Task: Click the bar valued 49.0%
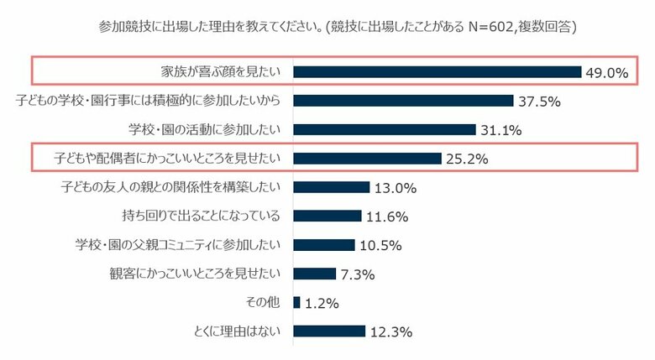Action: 437,72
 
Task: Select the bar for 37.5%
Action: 403,101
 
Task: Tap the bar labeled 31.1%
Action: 385,129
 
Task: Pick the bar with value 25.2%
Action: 367,159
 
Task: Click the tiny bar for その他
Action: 296,302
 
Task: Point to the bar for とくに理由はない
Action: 329,331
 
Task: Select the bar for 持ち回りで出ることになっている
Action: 327,216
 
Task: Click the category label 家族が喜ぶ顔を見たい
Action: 212,72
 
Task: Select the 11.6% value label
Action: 387,217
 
